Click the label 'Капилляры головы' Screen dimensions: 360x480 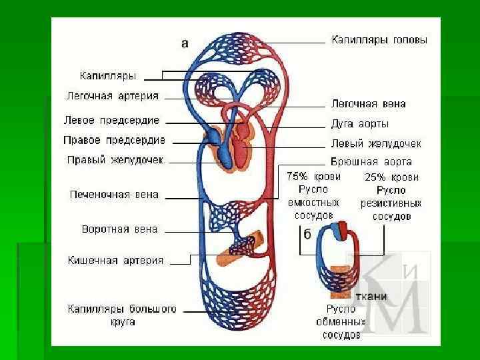point(379,40)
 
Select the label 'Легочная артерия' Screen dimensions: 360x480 point(112,96)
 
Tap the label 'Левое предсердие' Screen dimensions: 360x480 point(111,121)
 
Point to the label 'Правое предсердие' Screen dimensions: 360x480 point(114,141)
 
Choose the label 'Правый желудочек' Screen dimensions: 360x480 point(115,160)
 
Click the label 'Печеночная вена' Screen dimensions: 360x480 point(114,195)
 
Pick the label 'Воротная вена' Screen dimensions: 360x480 point(119,229)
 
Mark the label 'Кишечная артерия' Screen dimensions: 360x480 point(115,261)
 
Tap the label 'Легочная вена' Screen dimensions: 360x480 point(368,104)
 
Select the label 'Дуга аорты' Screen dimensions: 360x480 point(360,124)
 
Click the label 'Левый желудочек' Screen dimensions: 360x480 point(376,144)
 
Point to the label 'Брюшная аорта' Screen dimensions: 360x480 point(371,162)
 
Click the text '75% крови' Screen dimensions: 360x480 point(313,177)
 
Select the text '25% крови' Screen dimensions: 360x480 point(391,177)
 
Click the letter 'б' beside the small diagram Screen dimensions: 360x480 point(307,234)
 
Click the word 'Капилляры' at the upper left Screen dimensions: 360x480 point(107,76)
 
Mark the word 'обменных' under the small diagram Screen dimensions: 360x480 point(340,322)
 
